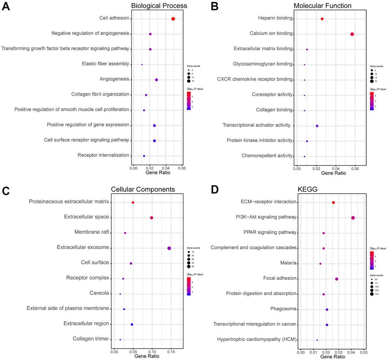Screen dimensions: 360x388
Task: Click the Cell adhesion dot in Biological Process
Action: [x=173, y=19]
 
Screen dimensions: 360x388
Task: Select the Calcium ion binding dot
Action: [x=352, y=34]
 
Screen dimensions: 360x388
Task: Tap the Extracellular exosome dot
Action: [x=169, y=248]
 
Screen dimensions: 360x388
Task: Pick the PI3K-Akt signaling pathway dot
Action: [x=353, y=218]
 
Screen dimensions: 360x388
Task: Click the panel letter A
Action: [x=6, y=8]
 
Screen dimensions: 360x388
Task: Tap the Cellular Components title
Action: [x=143, y=189]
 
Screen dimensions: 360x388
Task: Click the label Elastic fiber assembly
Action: [x=105, y=64]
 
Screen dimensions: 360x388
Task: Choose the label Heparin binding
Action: [x=275, y=18]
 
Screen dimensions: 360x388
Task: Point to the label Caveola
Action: [x=99, y=293]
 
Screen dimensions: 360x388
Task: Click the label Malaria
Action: [x=288, y=263]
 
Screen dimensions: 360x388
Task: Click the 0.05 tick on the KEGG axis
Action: [x=363, y=352]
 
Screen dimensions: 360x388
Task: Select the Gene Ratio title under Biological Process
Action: [x=158, y=173]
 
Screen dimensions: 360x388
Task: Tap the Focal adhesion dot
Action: [x=337, y=279]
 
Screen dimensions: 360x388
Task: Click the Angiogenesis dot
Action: [x=157, y=80]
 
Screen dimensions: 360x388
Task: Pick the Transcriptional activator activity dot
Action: [x=317, y=126]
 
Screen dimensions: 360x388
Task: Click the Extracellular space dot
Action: [x=152, y=218]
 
